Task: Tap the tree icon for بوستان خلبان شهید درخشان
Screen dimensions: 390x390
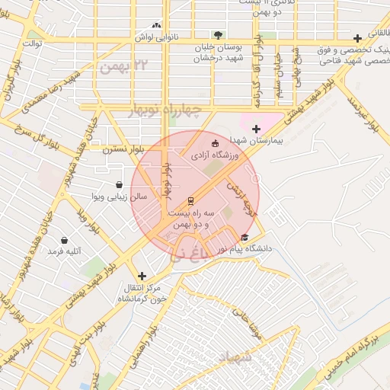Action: (x=219, y=35)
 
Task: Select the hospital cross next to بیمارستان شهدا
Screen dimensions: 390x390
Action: (x=256, y=129)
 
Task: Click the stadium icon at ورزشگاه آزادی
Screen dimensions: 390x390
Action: (x=214, y=142)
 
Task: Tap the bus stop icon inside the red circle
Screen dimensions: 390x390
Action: (x=190, y=201)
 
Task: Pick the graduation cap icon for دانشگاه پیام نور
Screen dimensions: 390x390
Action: (x=244, y=238)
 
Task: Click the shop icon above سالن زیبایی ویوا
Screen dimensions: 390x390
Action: (x=119, y=184)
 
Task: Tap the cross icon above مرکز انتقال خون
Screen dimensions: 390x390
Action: (x=141, y=276)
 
